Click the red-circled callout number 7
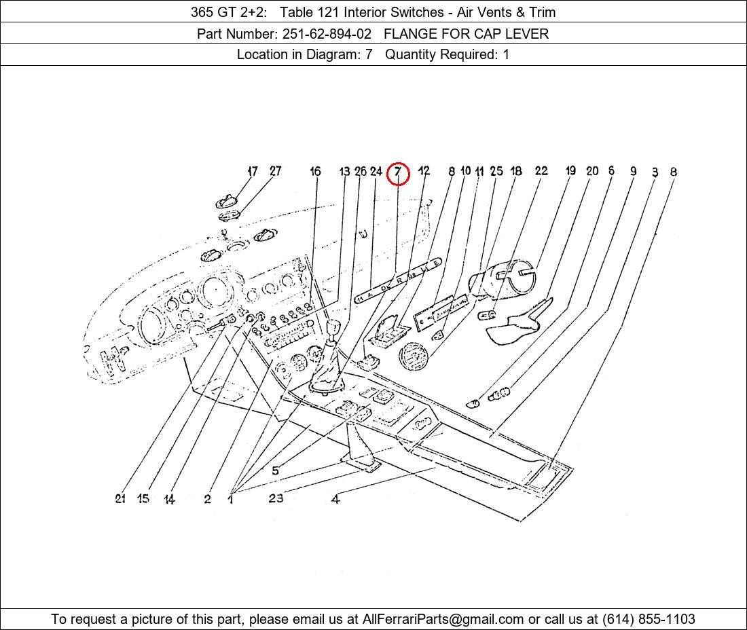point(398,173)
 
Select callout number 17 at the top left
point(253,171)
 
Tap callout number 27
point(275,171)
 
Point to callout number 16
point(315,172)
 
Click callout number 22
point(541,170)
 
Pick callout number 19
point(570,170)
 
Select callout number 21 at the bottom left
point(120,498)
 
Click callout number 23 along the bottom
point(275,498)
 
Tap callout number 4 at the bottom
point(335,500)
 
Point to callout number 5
point(275,470)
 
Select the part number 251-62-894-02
point(327,33)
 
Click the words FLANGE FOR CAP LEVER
point(466,33)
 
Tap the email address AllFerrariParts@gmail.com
point(443,619)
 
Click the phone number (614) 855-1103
point(649,619)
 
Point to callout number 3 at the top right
point(655,172)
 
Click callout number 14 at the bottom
point(169,500)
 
